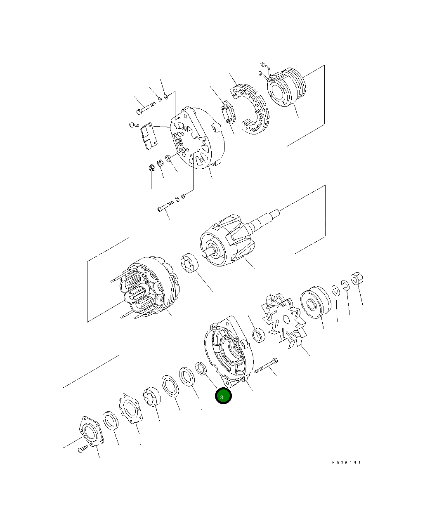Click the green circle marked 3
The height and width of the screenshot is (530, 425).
[223, 396]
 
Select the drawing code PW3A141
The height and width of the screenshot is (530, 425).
[346, 462]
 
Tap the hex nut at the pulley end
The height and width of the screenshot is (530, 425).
[356, 278]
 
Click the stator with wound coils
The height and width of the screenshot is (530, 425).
[149, 289]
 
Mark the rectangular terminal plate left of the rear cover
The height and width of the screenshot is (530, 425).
[147, 135]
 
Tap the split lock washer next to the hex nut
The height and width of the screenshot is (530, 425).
[345, 285]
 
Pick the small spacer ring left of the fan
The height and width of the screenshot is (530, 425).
[259, 335]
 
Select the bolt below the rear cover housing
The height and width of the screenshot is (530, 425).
[165, 207]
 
